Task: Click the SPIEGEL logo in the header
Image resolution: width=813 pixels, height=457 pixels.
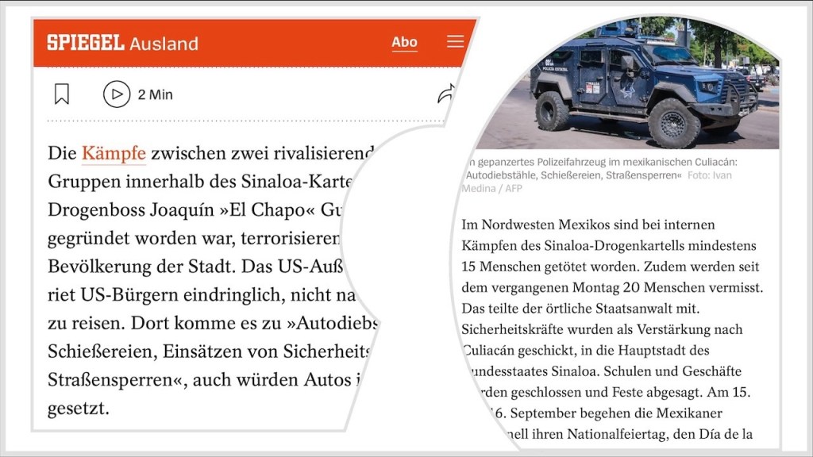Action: point(86,43)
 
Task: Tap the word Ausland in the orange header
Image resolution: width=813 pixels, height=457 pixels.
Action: point(164,44)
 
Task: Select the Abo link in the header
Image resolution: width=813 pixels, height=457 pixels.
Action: point(404,42)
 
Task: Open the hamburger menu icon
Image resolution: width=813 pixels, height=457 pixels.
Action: point(455,41)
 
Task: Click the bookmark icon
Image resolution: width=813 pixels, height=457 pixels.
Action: point(62,94)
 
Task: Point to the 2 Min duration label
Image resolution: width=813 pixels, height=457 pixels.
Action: point(155,94)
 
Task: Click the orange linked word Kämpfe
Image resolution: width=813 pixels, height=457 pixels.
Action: point(114,152)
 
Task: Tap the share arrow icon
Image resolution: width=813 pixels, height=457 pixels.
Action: point(447,94)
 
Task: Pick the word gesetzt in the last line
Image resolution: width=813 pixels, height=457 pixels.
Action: point(79,409)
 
